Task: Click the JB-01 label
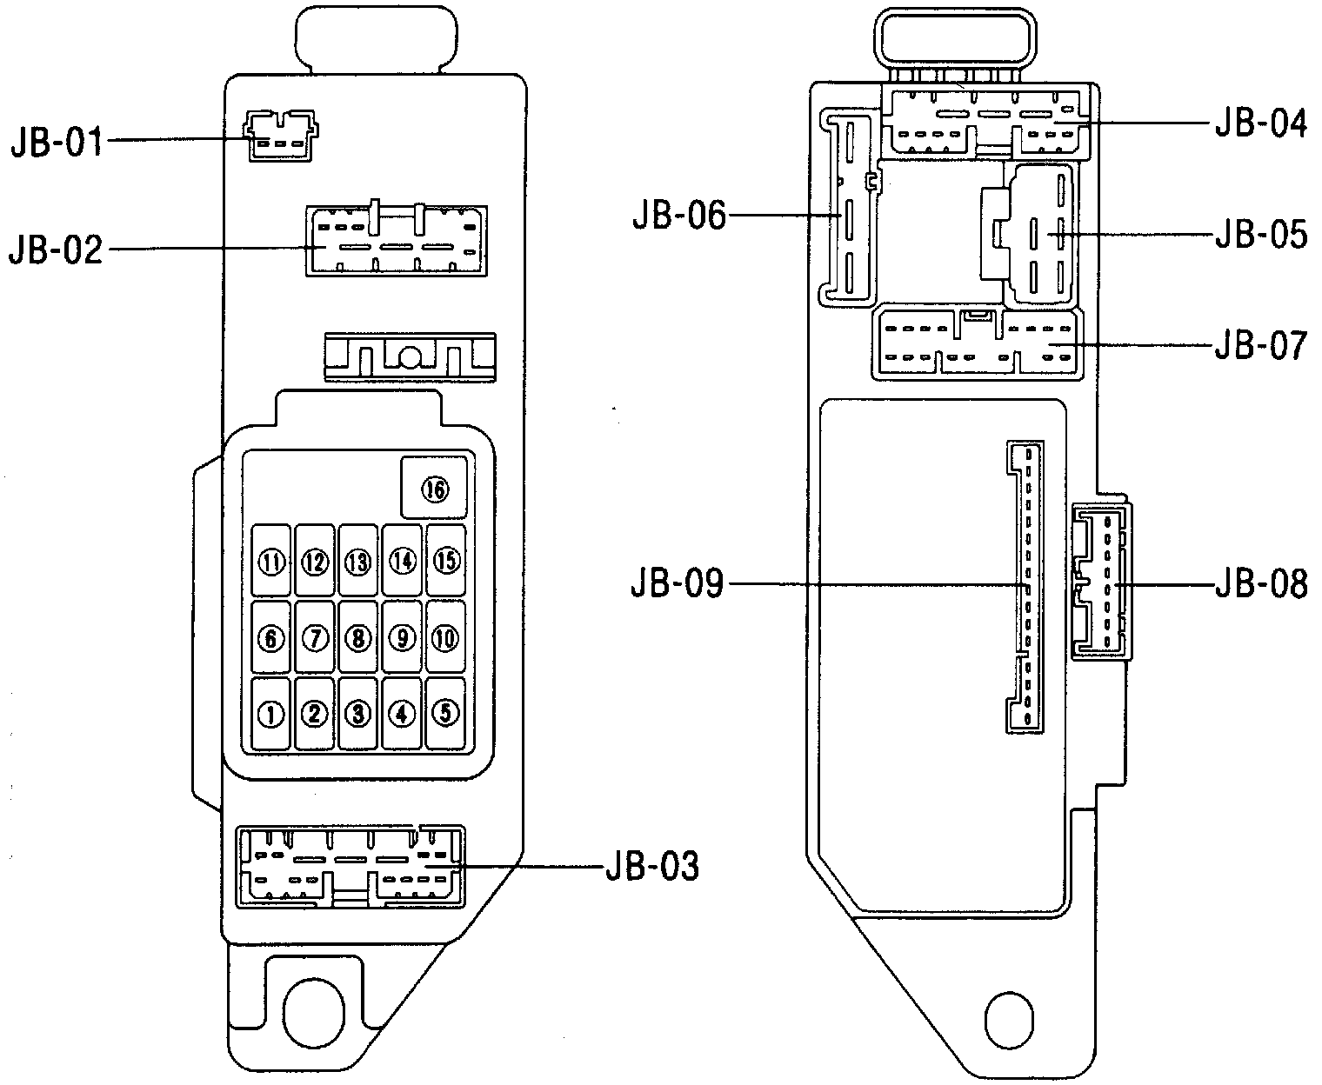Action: (56, 141)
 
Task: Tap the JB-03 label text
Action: (651, 866)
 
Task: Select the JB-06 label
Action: (678, 215)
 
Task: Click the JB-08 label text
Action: (1261, 585)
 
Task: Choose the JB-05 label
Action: (1261, 235)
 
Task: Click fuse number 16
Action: (435, 489)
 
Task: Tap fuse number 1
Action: (271, 714)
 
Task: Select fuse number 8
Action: (358, 639)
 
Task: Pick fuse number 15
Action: (446, 561)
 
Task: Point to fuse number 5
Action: (446, 713)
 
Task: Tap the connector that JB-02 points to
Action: (397, 242)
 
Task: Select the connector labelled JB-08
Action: (1101, 581)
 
